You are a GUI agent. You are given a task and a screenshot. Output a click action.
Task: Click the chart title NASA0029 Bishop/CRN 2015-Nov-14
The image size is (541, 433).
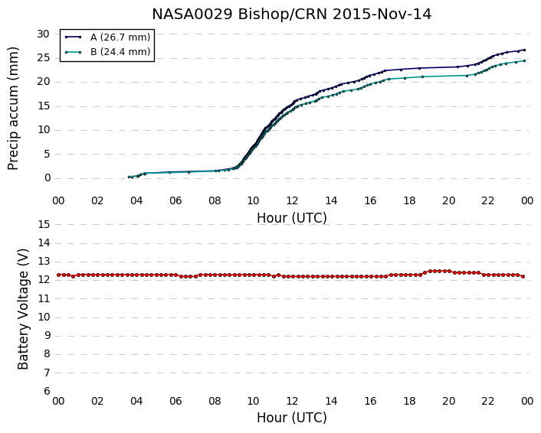[x=291, y=15]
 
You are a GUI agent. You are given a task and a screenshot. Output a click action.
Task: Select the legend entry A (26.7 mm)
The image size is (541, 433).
[x=120, y=37]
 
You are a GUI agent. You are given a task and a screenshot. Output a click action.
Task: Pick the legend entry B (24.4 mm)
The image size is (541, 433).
[x=120, y=52]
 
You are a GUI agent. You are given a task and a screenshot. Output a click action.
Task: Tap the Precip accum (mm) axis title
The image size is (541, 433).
[x=13, y=109]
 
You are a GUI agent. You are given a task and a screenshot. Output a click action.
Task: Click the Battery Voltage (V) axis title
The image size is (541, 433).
[x=23, y=309]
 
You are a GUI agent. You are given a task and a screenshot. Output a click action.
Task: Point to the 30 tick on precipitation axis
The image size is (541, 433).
[x=44, y=34]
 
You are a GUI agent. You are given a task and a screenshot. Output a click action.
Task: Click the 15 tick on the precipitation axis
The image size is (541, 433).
[x=44, y=106]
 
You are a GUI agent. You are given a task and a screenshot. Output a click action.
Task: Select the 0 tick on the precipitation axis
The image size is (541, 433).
[x=48, y=178]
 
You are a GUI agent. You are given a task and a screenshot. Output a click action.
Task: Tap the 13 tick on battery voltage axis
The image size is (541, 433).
[x=44, y=262]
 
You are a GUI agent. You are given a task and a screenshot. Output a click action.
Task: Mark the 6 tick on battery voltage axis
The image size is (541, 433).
[x=48, y=391]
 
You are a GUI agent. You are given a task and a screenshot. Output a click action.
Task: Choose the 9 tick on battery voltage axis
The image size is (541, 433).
[x=48, y=336]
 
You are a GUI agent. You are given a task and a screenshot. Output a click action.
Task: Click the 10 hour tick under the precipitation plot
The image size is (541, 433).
[x=253, y=200]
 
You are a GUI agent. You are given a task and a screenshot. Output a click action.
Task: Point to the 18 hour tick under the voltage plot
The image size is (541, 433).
[x=409, y=401]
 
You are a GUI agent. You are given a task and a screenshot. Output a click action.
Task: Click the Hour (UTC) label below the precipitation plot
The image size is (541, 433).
[x=291, y=218]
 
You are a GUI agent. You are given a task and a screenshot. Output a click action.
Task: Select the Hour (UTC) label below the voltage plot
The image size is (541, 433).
[x=291, y=418]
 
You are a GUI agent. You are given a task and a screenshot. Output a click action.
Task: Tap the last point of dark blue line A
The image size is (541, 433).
[x=524, y=50]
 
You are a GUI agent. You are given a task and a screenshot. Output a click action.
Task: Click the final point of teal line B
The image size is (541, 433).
[x=524, y=60]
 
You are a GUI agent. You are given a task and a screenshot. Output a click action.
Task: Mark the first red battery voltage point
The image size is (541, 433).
[x=58, y=275]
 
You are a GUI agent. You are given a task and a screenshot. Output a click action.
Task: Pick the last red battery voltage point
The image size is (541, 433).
[x=523, y=276]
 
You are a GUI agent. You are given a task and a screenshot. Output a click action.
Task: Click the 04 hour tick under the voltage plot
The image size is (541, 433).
[x=136, y=401]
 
